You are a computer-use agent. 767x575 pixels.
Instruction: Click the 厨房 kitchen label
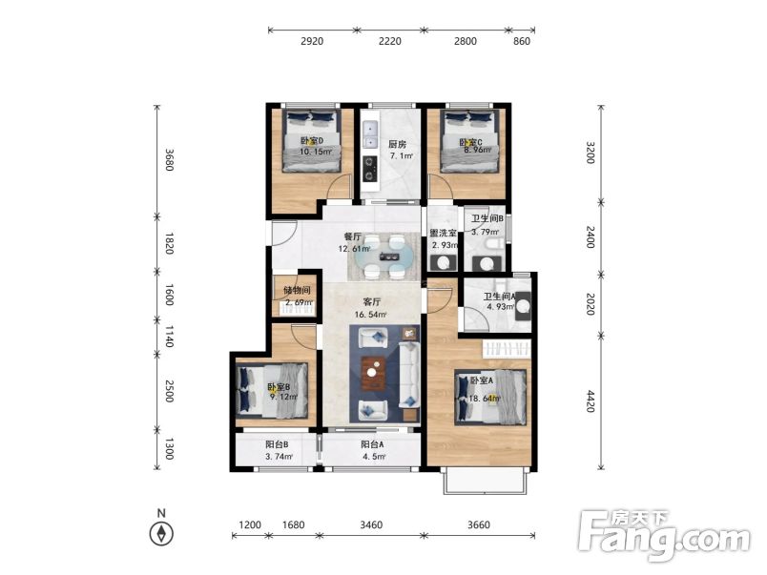[397, 144]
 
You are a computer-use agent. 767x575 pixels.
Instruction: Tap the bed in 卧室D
[312, 141]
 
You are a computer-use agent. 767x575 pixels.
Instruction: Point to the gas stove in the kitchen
[370, 168]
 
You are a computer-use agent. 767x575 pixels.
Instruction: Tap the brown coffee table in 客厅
[373, 374]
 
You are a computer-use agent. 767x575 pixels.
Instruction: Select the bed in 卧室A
[490, 397]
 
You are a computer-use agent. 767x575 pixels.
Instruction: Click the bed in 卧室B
[272, 390]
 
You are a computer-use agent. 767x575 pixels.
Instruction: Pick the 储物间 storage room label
[297, 291]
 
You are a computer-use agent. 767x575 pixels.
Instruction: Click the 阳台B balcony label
[277, 444]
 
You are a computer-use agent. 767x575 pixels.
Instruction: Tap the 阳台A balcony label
[372, 444]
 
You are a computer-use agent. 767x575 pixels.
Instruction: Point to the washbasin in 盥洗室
[444, 263]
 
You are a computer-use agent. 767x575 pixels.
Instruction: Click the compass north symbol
[161, 533]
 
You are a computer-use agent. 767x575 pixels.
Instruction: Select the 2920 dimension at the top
[312, 41]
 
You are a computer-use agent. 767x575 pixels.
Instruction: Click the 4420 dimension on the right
[591, 400]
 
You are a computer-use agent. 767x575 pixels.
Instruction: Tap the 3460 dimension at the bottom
[371, 525]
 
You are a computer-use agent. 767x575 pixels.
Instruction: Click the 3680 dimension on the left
[168, 160]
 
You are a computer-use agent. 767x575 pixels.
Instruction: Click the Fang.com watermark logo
[664, 535]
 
